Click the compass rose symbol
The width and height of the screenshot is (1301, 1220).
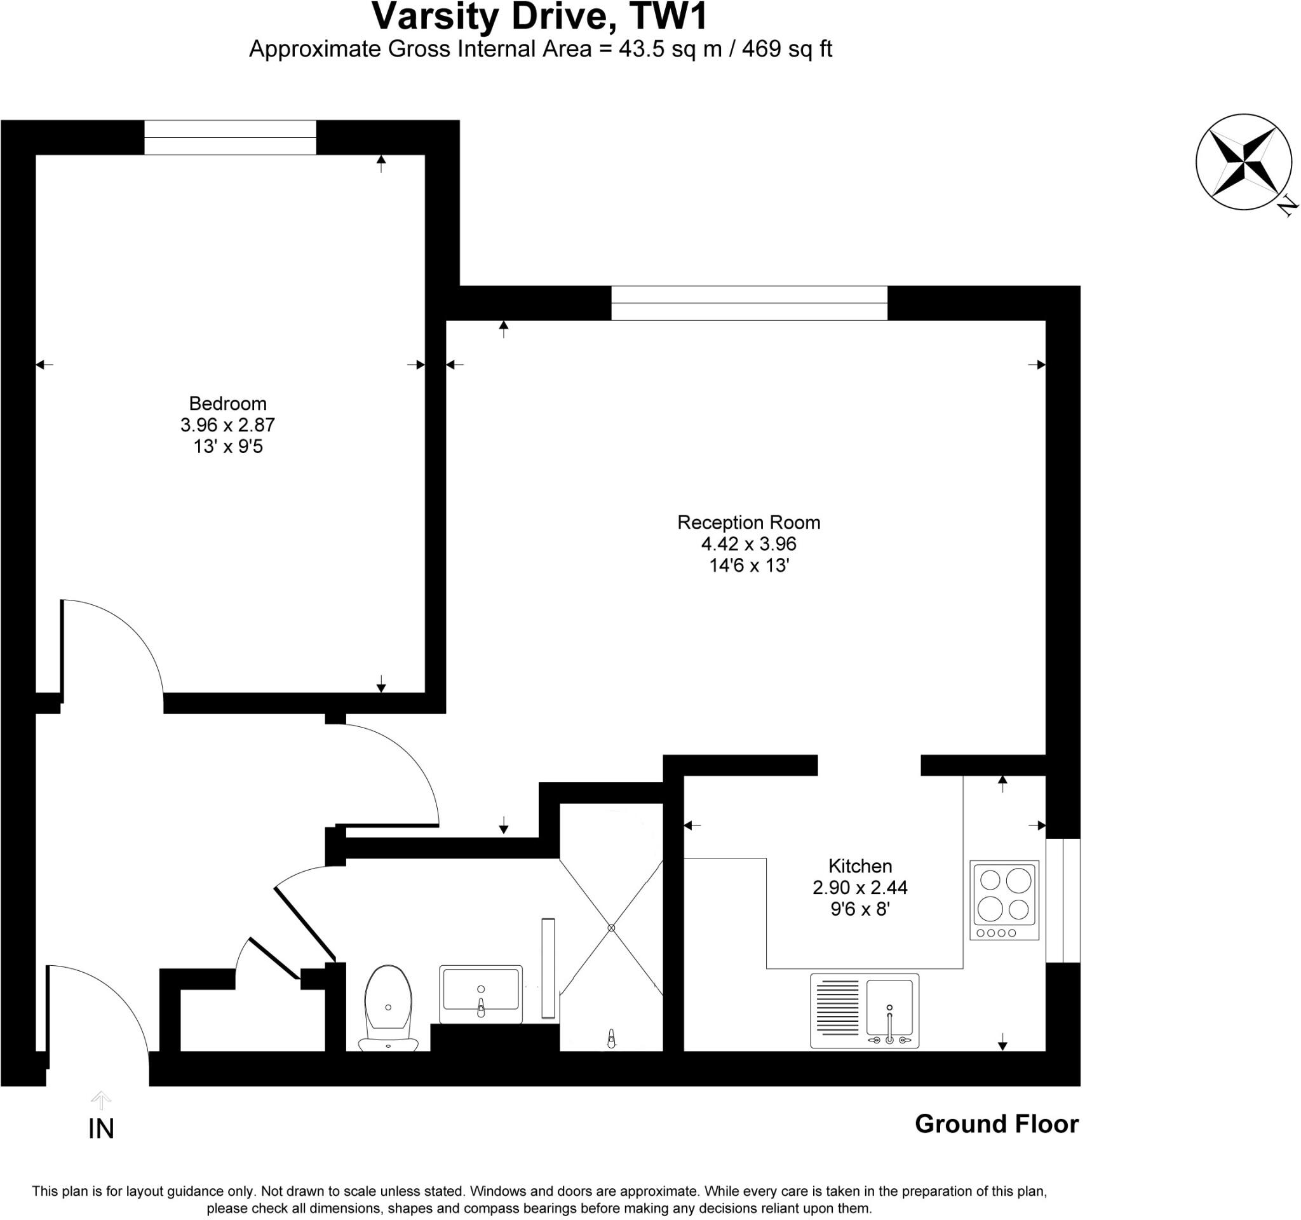[1244, 161]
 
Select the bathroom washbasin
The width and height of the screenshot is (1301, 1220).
[480, 993]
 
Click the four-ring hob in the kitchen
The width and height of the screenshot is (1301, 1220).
[1004, 899]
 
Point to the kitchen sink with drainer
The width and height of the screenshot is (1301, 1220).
[864, 1010]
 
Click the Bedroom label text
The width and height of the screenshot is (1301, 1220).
[228, 403]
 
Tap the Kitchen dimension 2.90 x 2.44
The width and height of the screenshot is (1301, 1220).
[859, 888]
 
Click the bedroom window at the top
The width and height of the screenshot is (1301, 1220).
[230, 137]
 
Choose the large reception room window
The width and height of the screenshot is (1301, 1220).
[749, 303]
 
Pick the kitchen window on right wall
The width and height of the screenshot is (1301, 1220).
[1062, 900]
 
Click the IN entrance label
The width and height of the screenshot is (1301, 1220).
[101, 1129]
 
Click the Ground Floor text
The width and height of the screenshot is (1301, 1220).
[996, 1124]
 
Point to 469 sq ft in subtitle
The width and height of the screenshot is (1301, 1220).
[786, 49]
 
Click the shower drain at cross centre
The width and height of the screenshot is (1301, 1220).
[611, 928]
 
